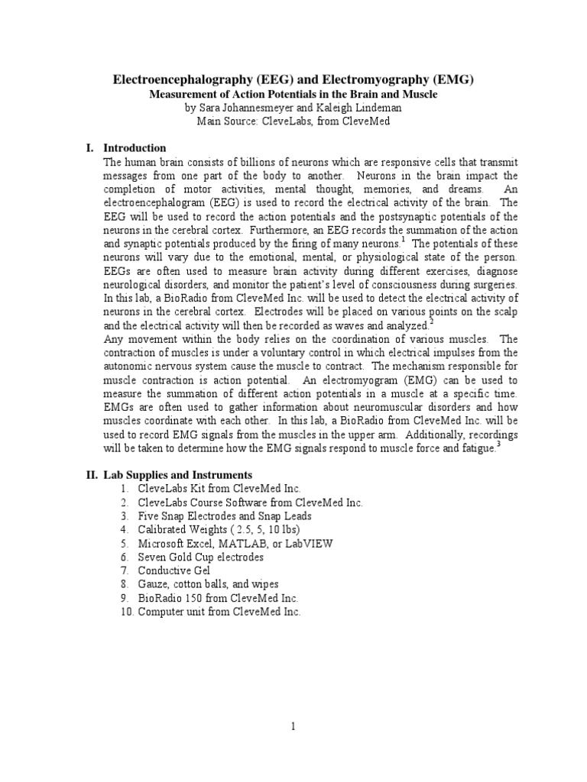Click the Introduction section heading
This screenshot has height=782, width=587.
coord(135,147)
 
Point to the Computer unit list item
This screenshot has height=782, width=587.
coord(219,612)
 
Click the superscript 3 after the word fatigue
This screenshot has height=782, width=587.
coord(499,444)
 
